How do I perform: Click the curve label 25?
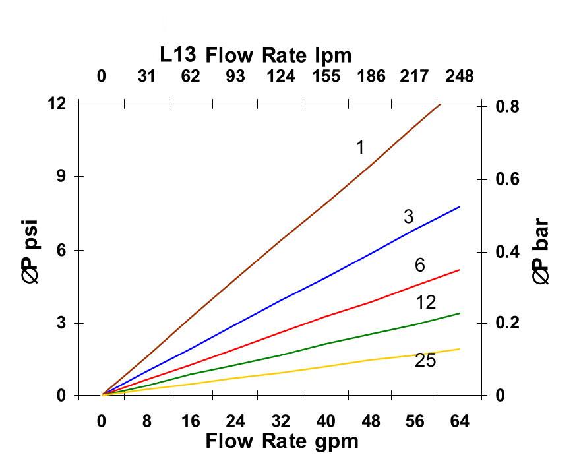coord(425,361)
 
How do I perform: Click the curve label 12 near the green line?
coord(426,303)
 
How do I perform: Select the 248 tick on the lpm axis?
coord(459,77)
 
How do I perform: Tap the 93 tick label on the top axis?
coord(235,77)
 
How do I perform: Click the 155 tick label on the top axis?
coord(326,77)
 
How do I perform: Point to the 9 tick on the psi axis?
coord(61,177)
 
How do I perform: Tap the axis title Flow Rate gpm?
coord(282,441)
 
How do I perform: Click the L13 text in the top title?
coord(178,54)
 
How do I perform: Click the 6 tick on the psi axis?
coord(61,250)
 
